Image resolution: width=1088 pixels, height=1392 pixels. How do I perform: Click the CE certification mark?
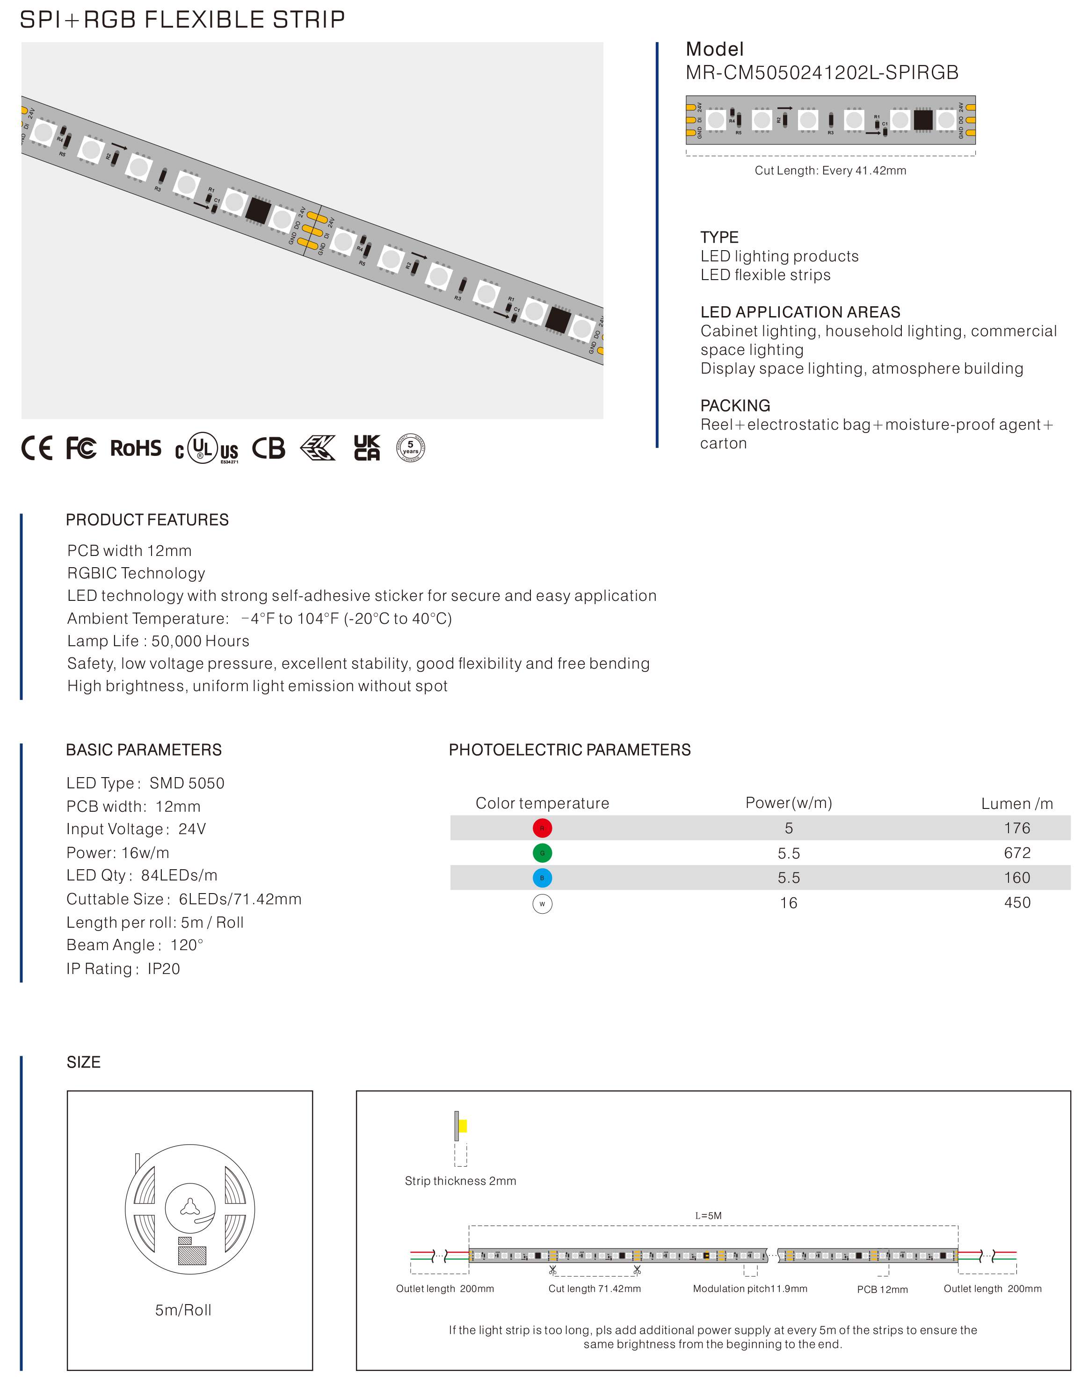pyautogui.click(x=36, y=448)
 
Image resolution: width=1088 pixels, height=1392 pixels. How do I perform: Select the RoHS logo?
pyautogui.click(x=136, y=448)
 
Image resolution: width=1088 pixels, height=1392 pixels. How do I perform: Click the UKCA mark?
pyautogui.click(x=367, y=448)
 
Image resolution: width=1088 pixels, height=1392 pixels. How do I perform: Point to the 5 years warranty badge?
pyautogui.click(x=410, y=448)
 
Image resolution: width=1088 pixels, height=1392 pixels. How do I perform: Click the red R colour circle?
pyautogui.click(x=542, y=828)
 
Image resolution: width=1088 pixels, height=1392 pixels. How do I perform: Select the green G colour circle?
pyautogui.click(x=542, y=853)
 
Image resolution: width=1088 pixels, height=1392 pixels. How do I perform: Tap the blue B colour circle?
pyautogui.click(x=542, y=878)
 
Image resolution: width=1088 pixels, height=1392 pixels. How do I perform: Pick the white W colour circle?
pyautogui.click(x=542, y=903)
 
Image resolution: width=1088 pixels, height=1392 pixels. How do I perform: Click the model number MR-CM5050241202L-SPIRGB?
pyautogui.click(x=821, y=72)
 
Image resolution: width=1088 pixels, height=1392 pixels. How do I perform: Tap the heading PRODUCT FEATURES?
pyautogui.click(x=147, y=519)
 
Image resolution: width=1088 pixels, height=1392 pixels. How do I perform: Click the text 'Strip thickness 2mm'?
pyautogui.click(x=460, y=1181)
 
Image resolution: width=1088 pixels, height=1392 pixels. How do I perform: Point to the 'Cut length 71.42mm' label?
pyautogui.click(x=595, y=1288)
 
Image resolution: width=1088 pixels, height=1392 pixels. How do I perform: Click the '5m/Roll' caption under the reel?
pyautogui.click(x=183, y=1310)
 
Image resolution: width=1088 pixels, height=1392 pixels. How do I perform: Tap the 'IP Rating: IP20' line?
pyautogui.click(x=123, y=969)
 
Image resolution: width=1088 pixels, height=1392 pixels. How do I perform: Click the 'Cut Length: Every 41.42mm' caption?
pyautogui.click(x=830, y=170)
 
